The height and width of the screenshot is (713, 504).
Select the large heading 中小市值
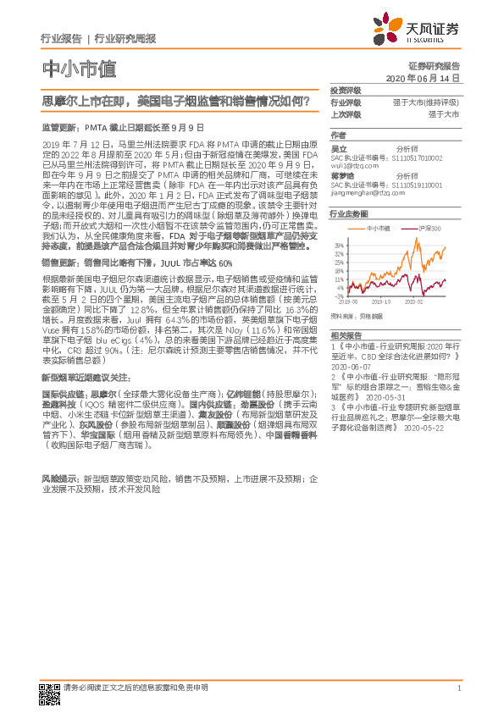78,69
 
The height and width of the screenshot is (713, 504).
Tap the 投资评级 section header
346,90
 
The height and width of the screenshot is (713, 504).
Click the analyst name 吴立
338,147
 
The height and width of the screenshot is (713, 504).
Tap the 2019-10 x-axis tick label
380,300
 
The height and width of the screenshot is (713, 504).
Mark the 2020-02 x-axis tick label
413,300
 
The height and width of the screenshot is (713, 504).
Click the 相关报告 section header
346,336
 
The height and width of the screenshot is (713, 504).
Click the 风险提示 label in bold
56,478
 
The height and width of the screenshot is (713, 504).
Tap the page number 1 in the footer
458,688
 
